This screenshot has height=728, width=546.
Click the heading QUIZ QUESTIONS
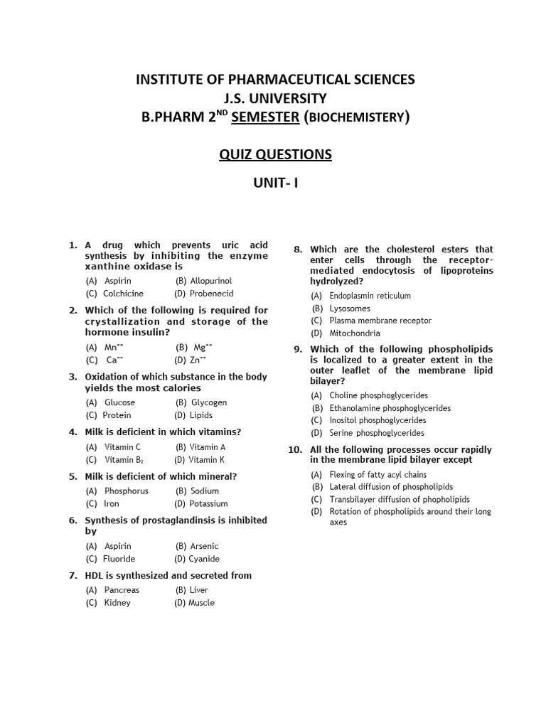tap(275, 154)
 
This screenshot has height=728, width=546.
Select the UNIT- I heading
tap(276, 183)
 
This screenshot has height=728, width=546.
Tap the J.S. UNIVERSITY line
tap(275, 98)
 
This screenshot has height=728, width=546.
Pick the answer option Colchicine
tap(123, 294)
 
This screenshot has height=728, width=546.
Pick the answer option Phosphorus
tap(127, 491)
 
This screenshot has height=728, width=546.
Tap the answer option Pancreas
tap(122, 590)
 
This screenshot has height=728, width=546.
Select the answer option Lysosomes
tap(350, 309)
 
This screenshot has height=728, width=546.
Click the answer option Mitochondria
tap(355, 333)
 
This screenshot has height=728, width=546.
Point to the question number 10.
tap(296, 450)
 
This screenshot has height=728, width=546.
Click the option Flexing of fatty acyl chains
tap(378, 474)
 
